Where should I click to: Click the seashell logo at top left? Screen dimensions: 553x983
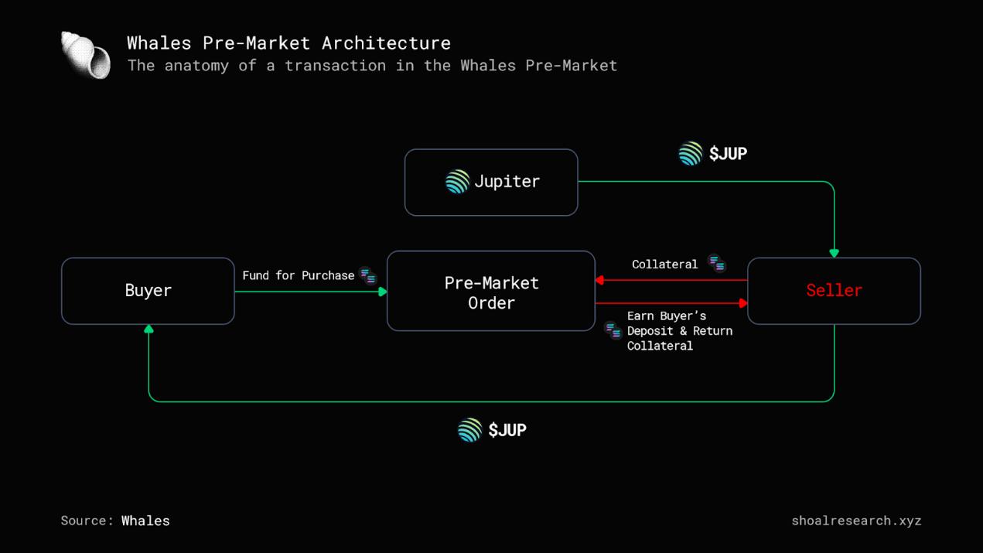tap(86, 55)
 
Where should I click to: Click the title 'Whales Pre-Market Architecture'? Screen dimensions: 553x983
tap(288, 43)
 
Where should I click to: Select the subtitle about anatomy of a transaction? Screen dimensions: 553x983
tap(372, 66)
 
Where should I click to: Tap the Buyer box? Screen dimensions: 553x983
tap(148, 291)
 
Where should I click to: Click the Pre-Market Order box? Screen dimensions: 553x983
tap(491, 292)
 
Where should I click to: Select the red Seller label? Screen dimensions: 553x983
tap(834, 290)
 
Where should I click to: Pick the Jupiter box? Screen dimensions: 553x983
tap(491, 182)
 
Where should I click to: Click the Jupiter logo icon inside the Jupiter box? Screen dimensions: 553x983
tap(457, 182)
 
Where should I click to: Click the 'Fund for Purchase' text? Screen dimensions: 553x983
tap(298, 275)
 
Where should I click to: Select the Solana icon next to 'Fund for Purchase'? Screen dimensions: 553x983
tap(368, 275)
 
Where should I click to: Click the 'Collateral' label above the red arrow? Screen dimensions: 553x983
tap(664, 265)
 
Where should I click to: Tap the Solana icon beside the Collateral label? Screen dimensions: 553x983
tap(717, 263)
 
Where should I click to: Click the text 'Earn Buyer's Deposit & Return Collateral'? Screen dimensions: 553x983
tap(678, 331)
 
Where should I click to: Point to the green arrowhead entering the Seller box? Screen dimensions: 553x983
tap(834, 253)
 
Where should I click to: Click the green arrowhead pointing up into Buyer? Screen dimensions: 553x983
tap(148, 329)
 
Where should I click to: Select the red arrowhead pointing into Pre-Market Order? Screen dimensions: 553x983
tap(600, 280)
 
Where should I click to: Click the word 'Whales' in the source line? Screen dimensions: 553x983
tap(145, 521)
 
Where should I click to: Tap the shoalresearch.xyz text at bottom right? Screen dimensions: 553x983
tap(856, 521)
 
